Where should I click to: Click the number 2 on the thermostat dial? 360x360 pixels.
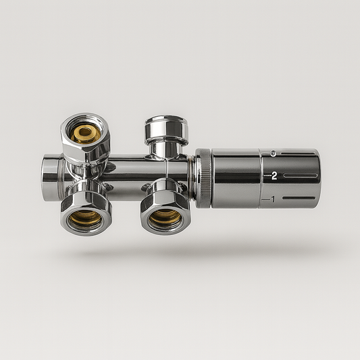[x=274, y=176]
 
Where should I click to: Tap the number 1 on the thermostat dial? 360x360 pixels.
[x=272, y=199]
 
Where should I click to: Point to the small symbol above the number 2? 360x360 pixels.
[x=272, y=154]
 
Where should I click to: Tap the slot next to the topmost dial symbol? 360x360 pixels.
[x=297, y=154]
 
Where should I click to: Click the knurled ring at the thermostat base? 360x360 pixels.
[x=203, y=177]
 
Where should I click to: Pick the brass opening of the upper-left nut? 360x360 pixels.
[x=86, y=133]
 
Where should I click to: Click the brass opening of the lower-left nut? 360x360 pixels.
[x=86, y=217]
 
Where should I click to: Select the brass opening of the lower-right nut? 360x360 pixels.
[x=165, y=217]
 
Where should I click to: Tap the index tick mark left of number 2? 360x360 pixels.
[x=265, y=176]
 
